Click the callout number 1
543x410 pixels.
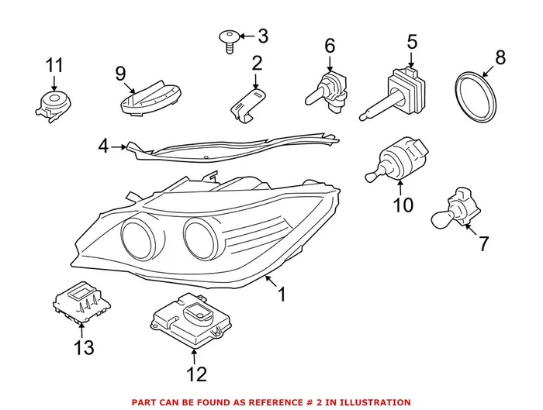point(282,295)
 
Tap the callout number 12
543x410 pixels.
point(197,374)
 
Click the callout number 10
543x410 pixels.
point(403,205)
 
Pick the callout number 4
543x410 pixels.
point(104,145)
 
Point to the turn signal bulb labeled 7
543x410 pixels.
point(454,211)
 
